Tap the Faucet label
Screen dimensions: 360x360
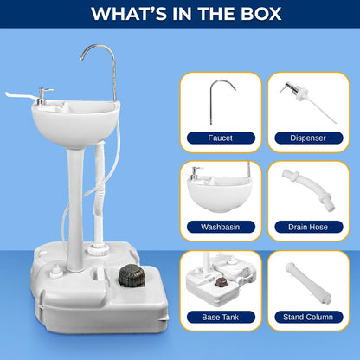point(221,138)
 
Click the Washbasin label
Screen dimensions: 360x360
point(221,227)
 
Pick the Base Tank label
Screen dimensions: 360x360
point(221,317)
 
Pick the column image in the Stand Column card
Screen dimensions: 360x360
point(306,281)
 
